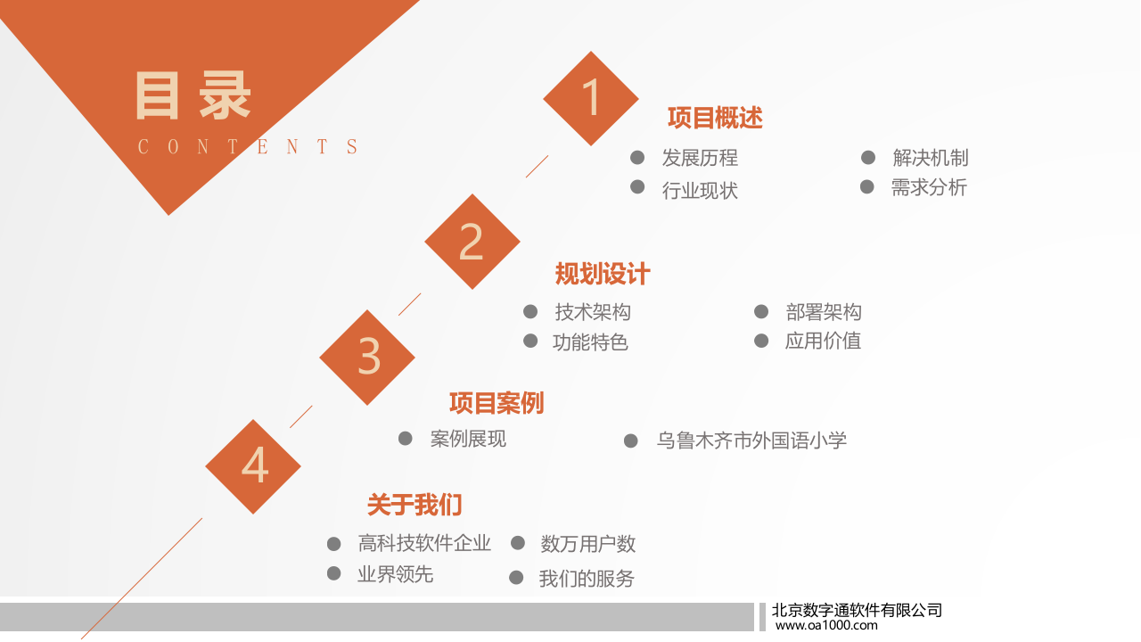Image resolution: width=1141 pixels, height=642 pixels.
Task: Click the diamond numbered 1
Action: (x=591, y=98)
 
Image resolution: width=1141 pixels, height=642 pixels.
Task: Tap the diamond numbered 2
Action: (x=472, y=242)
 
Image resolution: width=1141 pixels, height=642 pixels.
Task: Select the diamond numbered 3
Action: (x=367, y=357)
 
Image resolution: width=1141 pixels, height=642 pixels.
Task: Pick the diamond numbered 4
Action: (x=253, y=465)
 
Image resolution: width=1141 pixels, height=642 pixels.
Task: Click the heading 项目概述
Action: (x=715, y=118)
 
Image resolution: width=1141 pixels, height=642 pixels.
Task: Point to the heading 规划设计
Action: (x=603, y=274)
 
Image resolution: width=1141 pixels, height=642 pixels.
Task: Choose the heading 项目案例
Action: (x=497, y=403)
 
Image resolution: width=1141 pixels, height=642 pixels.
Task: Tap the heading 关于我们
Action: (x=415, y=505)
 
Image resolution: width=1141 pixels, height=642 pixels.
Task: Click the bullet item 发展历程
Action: (x=700, y=158)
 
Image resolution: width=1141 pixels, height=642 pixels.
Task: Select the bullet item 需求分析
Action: (x=929, y=187)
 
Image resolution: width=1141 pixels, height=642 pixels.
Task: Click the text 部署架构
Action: (x=824, y=312)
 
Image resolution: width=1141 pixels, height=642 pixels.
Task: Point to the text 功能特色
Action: (x=590, y=342)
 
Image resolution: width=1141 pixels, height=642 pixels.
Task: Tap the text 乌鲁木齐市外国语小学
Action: (x=751, y=440)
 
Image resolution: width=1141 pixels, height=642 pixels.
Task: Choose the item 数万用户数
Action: (x=588, y=544)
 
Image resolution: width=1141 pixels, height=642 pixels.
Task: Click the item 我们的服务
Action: (x=587, y=579)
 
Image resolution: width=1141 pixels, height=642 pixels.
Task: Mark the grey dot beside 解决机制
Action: (x=868, y=158)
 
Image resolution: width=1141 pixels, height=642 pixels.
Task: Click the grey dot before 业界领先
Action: (x=334, y=573)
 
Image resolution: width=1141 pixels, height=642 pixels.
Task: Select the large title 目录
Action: (x=193, y=95)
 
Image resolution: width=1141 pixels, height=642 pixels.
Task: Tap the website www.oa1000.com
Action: (x=826, y=625)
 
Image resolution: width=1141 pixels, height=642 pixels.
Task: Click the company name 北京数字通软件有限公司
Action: (x=857, y=610)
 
